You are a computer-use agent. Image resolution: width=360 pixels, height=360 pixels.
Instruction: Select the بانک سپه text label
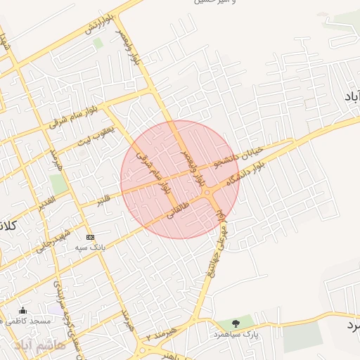pos(91,248)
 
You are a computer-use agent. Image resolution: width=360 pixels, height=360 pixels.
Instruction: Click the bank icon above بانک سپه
pos(90,237)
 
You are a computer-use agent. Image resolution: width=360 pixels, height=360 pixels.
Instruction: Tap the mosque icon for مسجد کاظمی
pos(23,311)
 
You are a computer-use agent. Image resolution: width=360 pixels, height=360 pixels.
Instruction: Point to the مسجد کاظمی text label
pos(30,321)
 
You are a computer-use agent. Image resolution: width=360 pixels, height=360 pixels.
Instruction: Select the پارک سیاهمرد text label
pos(237,334)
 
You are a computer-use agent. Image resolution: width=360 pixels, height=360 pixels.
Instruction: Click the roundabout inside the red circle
pos(208,192)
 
